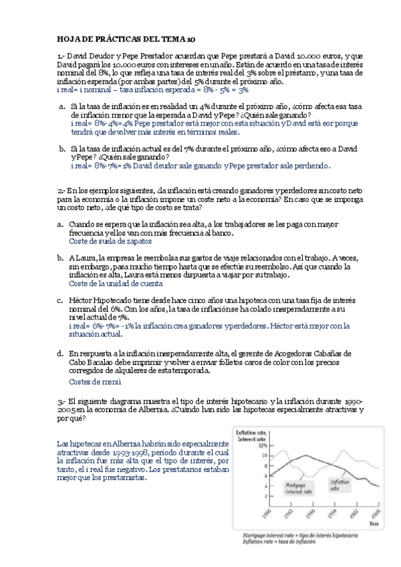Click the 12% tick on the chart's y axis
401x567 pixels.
(x=245, y=445)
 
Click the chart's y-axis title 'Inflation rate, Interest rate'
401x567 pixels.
(x=255, y=435)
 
